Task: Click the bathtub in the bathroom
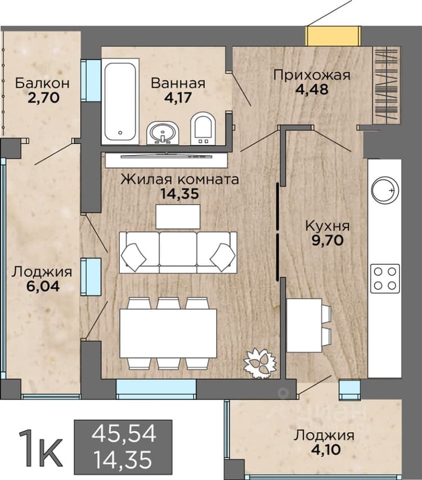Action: pyautogui.click(x=120, y=101)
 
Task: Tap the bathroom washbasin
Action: pyautogui.click(x=163, y=133)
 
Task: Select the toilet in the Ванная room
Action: pyautogui.click(x=203, y=128)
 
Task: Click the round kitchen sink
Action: pyautogui.click(x=385, y=190)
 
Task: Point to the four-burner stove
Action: pyautogui.click(x=385, y=278)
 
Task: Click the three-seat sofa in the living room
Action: pyautogui.click(x=178, y=252)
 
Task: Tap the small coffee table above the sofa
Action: pyautogui.click(x=178, y=216)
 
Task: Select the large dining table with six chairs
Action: pyautogui.click(x=168, y=333)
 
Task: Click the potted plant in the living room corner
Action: pyautogui.click(x=259, y=363)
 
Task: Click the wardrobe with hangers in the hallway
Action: pyautogui.click(x=387, y=86)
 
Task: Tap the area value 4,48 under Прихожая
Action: pyautogui.click(x=312, y=90)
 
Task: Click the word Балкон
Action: pyautogui.click(x=43, y=83)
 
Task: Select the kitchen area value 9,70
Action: pyautogui.click(x=327, y=241)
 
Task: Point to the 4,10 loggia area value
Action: pyautogui.click(x=326, y=450)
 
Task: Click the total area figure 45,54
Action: pyautogui.click(x=124, y=434)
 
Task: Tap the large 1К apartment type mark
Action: pyautogui.click(x=41, y=449)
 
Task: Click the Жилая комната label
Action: pyautogui.click(x=180, y=179)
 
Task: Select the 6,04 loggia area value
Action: pyautogui.click(x=43, y=286)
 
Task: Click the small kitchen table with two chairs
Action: pyautogui.click(x=309, y=326)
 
